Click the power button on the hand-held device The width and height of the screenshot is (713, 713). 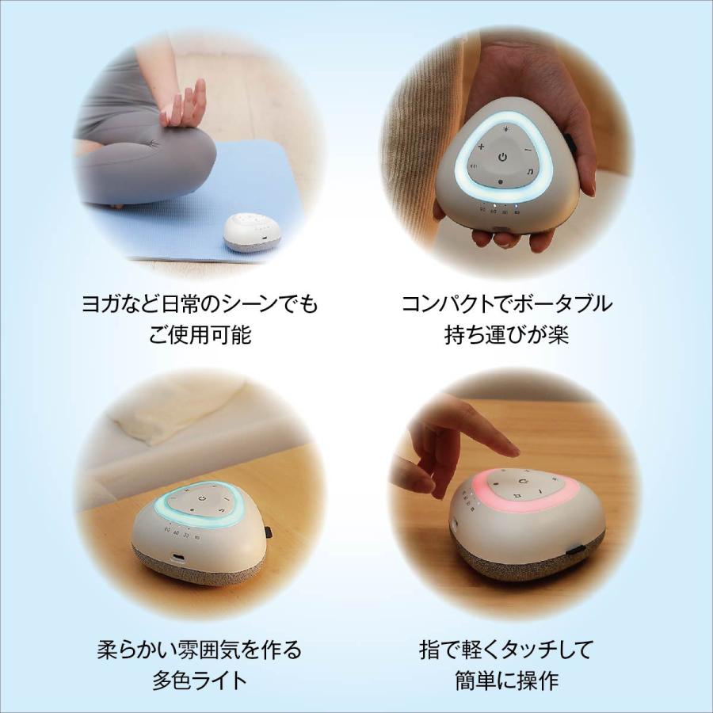[x=501, y=158]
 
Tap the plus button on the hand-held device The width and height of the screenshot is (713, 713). [x=481, y=147]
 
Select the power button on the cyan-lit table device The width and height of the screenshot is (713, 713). [x=204, y=498]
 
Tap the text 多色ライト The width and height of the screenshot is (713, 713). [x=200, y=681]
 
